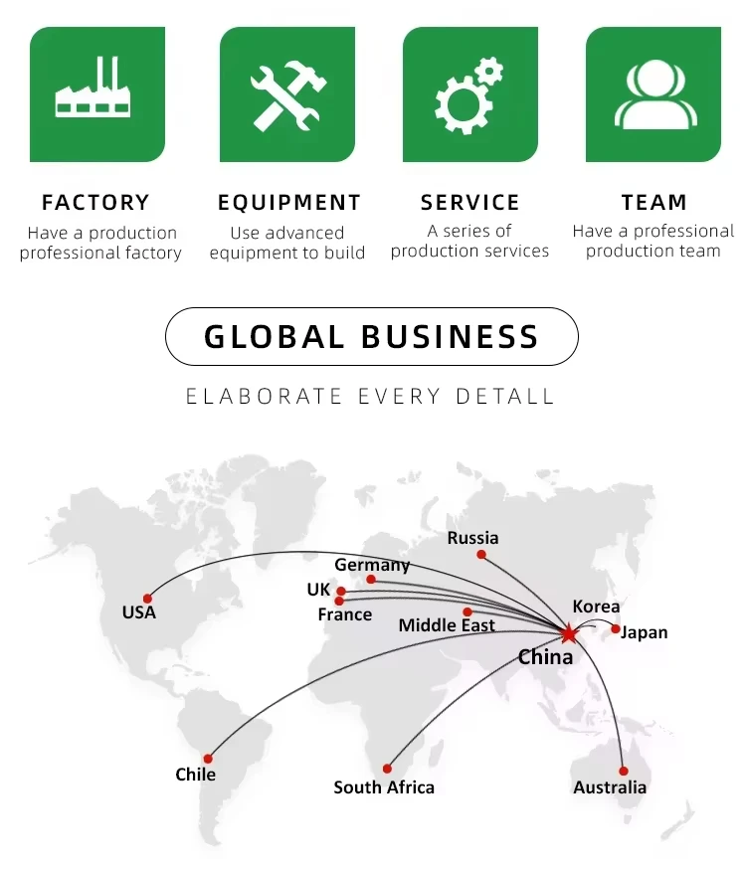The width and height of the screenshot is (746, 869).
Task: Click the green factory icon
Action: (x=97, y=94)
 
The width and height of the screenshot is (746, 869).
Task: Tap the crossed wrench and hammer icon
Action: (x=286, y=94)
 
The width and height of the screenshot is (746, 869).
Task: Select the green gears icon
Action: (x=469, y=94)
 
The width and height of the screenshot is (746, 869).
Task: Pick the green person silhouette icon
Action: (x=653, y=94)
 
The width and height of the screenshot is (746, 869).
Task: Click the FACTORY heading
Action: (x=95, y=203)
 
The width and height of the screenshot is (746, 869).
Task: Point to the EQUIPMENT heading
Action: (x=289, y=203)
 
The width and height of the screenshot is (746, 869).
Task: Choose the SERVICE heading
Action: (x=469, y=203)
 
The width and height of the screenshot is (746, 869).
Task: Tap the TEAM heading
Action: (x=653, y=203)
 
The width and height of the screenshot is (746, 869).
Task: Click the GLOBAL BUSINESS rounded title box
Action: (x=371, y=336)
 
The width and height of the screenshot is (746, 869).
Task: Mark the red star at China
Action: (x=568, y=632)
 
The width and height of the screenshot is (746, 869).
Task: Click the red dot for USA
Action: (x=147, y=599)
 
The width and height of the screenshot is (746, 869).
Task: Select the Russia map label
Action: (x=472, y=538)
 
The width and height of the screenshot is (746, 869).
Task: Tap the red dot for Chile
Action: (x=208, y=759)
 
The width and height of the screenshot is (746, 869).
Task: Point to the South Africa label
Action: (x=384, y=787)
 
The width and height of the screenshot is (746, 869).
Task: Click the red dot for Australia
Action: (x=624, y=771)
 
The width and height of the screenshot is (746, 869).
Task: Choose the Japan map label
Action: (x=645, y=632)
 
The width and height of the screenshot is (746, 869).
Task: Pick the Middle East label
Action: (x=447, y=625)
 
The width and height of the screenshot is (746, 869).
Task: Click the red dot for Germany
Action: (x=371, y=580)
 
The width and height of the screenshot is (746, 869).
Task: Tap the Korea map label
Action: (x=596, y=607)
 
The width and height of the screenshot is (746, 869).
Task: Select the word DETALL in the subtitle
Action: (x=505, y=396)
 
